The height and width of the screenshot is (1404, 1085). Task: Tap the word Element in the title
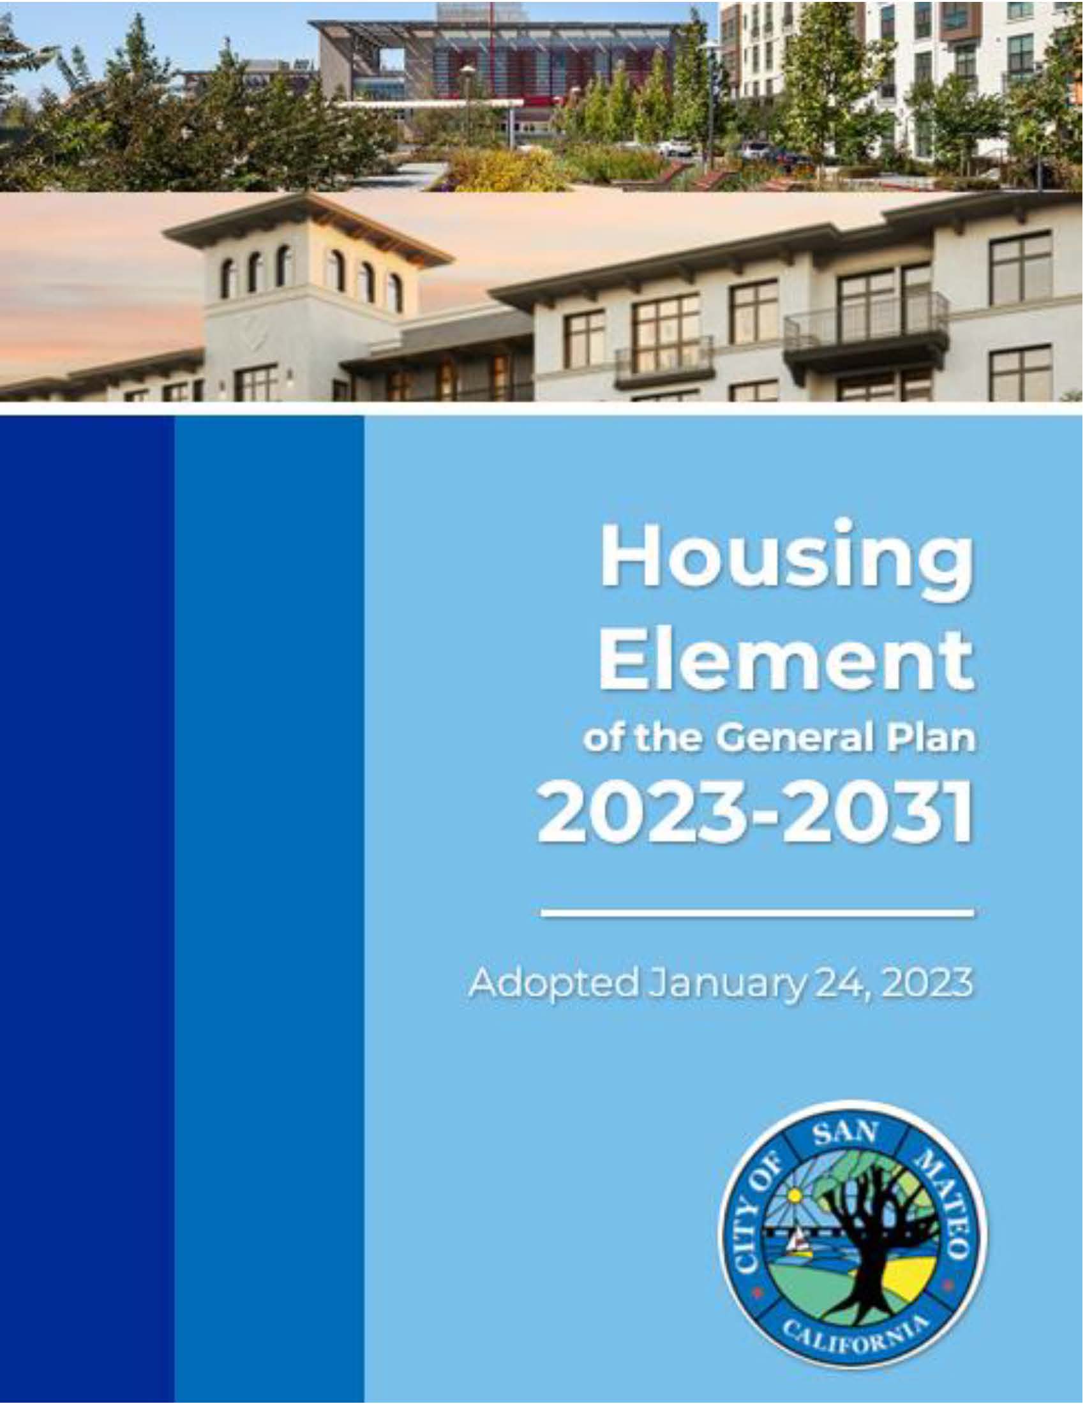[786, 661]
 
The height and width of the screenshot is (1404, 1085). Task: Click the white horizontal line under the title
[758, 912]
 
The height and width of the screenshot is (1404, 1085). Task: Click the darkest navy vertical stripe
[87, 909]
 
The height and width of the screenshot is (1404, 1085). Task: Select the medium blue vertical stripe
[269, 909]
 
